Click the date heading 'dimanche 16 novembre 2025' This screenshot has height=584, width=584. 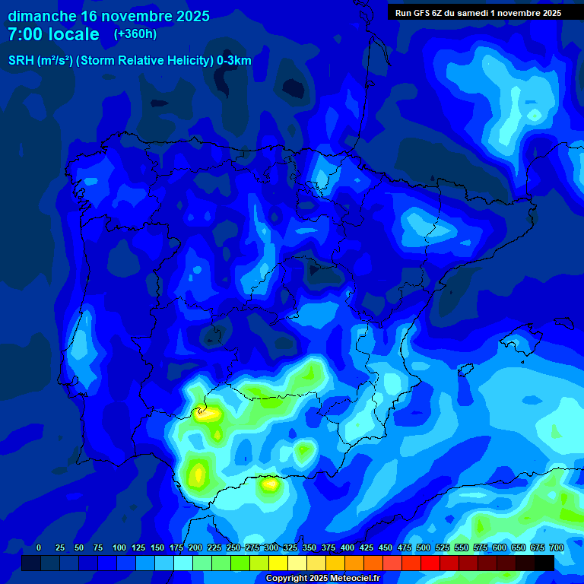[x=109, y=16]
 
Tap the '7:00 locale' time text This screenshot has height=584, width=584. [x=53, y=34]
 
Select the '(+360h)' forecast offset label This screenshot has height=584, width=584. [x=135, y=34]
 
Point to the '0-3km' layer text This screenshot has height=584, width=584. [x=233, y=61]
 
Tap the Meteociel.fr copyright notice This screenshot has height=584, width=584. [x=322, y=578]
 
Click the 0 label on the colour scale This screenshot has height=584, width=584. [x=39, y=548]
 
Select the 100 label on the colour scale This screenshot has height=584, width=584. [x=119, y=548]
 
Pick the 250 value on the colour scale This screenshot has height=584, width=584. [x=233, y=548]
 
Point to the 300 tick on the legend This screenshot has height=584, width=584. [x=271, y=548]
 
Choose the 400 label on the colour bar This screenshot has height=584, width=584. [x=347, y=548]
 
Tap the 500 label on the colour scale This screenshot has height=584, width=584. [x=423, y=548]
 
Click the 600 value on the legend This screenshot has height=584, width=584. [x=499, y=548]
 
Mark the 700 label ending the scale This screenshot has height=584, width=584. [x=556, y=548]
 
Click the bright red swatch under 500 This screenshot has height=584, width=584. [x=430, y=563]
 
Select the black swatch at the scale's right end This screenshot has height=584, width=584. [x=544, y=563]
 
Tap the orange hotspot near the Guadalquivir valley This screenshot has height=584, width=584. [x=205, y=414]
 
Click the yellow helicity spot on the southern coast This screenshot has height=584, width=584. [x=270, y=482]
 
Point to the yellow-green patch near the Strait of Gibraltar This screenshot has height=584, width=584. [x=198, y=474]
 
